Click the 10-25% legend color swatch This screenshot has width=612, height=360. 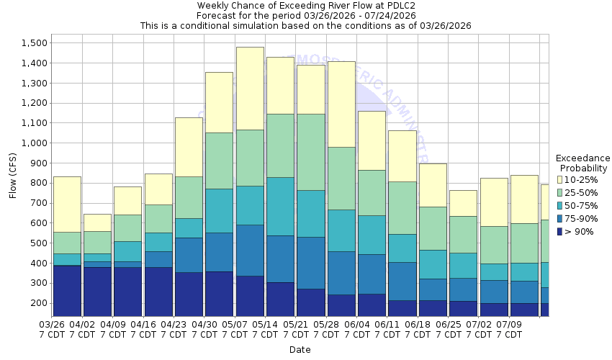click(560, 179)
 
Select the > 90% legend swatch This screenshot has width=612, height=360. click(560, 231)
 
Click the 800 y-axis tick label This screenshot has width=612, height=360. click(38, 183)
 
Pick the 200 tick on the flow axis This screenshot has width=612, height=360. click(38, 303)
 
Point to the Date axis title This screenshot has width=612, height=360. click(300, 349)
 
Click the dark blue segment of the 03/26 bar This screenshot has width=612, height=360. click(67, 291)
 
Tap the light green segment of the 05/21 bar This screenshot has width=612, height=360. click(310, 152)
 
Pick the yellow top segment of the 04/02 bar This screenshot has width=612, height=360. click(97, 222)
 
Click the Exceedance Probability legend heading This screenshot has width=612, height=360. click(582, 163)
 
